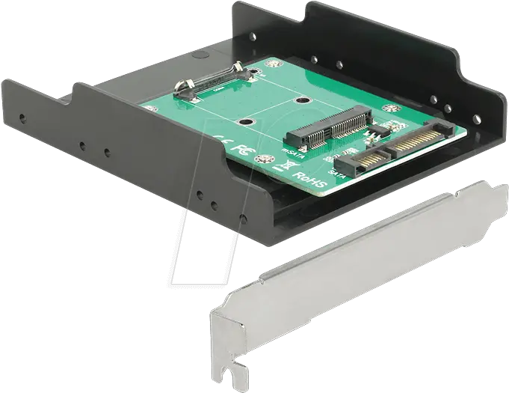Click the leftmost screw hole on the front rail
pos(23,118)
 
